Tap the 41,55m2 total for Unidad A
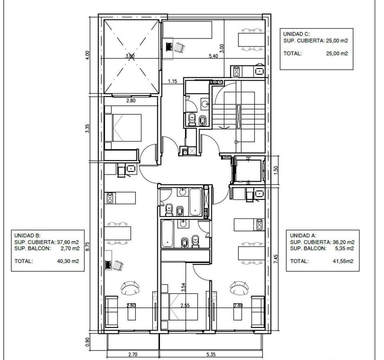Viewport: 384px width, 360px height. [x=343, y=261]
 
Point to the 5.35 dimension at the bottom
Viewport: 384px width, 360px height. [x=211, y=354]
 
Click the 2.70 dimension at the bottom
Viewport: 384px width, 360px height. [x=133, y=354]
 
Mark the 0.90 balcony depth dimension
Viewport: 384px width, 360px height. [x=88, y=342]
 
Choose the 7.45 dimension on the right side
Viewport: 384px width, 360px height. [x=276, y=259]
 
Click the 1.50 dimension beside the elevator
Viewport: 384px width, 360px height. [x=276, y=170]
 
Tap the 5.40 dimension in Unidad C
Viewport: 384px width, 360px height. [x=213, y=56]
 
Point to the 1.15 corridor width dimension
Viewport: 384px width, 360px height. [x=173, y=81]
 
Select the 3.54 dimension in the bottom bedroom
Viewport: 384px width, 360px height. [x=184, y=287]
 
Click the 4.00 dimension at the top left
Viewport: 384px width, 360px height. [x=88, y=55]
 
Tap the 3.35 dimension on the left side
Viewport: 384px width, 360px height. [x=88, y=129]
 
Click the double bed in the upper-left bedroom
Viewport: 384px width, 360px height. [x=123, y=128]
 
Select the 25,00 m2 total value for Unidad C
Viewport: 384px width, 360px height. [x=337, y=53]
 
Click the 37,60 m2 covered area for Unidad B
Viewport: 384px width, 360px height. [x=68, y=242]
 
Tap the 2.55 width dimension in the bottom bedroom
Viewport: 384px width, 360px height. [x=185, y=306]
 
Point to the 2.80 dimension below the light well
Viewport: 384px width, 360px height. [x=131, y=100]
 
